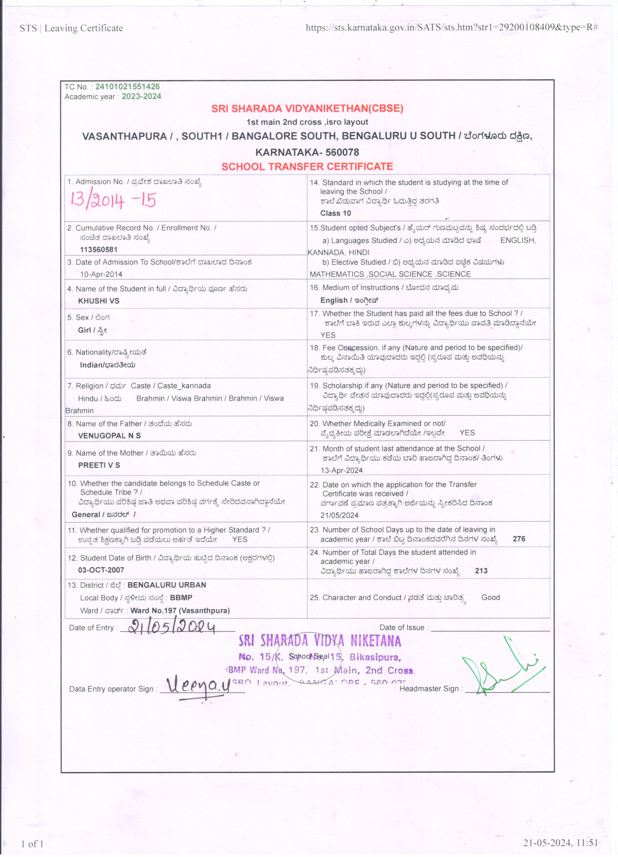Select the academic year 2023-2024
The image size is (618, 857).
141,96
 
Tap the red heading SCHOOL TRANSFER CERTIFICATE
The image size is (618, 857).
307,167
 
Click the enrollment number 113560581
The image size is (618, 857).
99,250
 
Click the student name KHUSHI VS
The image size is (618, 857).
99,301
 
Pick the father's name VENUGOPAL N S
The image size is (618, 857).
109,436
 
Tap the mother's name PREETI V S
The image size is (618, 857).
99,465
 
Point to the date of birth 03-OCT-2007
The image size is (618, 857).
101,570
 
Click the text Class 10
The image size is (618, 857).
335,213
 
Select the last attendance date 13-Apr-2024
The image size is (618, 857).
341,470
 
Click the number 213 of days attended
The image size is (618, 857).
481,571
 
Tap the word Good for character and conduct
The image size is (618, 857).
490,597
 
